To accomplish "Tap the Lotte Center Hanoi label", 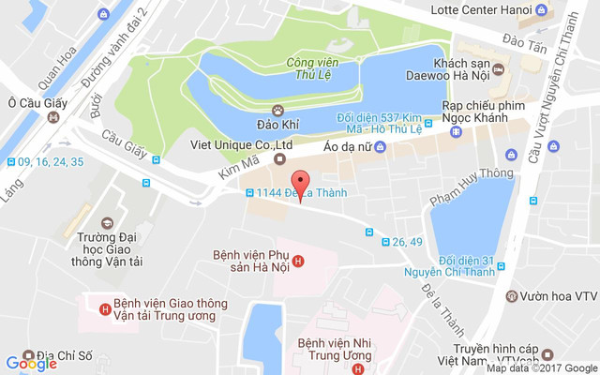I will coord(475,10).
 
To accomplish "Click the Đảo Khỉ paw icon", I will coord(277,110).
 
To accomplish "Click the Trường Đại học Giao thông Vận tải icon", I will coord(108,223).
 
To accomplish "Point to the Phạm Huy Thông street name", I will coord(459,187).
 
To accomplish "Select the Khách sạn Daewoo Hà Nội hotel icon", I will coord(499,69).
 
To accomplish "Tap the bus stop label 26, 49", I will coord(408,243).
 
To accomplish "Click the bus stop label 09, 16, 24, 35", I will coord(51,161).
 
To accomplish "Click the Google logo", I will coord(31,364).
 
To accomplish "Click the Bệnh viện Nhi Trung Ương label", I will coord(336,349).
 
